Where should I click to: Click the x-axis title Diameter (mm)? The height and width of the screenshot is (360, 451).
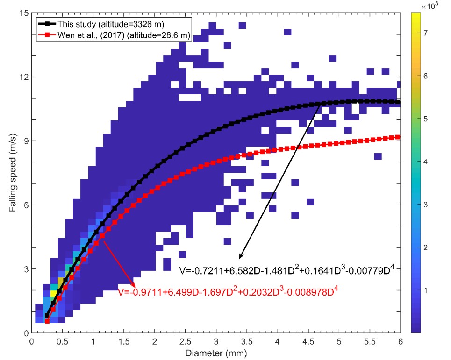click(x=216, y=352)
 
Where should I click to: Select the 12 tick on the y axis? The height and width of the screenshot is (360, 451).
click(x=32, y=77)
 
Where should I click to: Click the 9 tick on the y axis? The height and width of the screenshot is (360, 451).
click(x=32, y=141)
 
